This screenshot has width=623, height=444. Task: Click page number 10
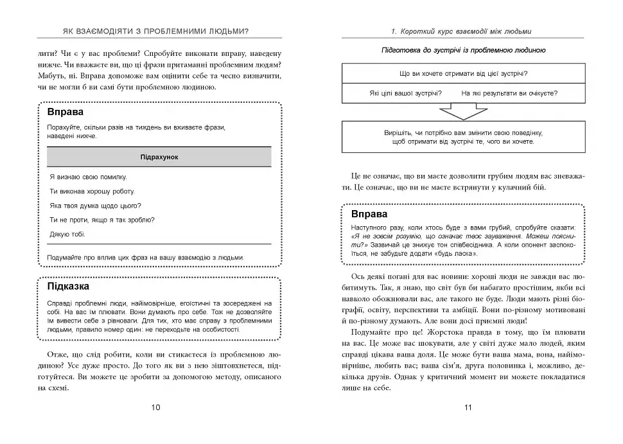[155, 407]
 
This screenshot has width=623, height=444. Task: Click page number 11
[468, 407]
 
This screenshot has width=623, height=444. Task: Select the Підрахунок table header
[159, 157]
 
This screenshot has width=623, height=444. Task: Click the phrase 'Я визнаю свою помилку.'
[88, 177]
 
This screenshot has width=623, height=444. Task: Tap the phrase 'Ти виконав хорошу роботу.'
[92, 191]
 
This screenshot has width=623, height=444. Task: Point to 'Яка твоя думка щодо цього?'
[95, 206]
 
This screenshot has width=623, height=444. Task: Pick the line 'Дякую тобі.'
[67, 235]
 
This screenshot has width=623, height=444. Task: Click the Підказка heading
[68, 287]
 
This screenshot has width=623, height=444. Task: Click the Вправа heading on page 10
[66, 112]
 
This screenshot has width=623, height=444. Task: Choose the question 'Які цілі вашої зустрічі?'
[405, 93]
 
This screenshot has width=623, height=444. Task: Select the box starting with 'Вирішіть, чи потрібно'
[463, 136]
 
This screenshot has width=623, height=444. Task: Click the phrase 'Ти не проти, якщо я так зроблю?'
[102, 220]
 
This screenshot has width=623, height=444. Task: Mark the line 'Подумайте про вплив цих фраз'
[146, 258]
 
